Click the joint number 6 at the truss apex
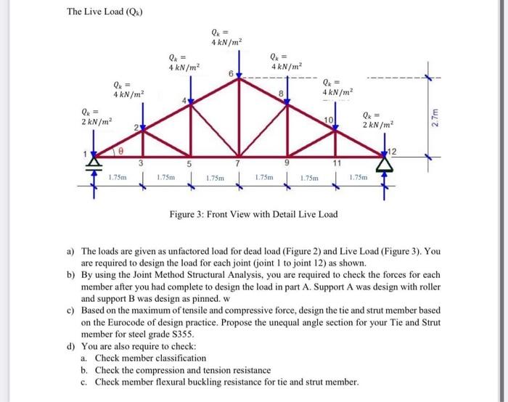tap(231, 74)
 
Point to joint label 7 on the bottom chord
tap(238, 163)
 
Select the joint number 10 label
tap(328, 119)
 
